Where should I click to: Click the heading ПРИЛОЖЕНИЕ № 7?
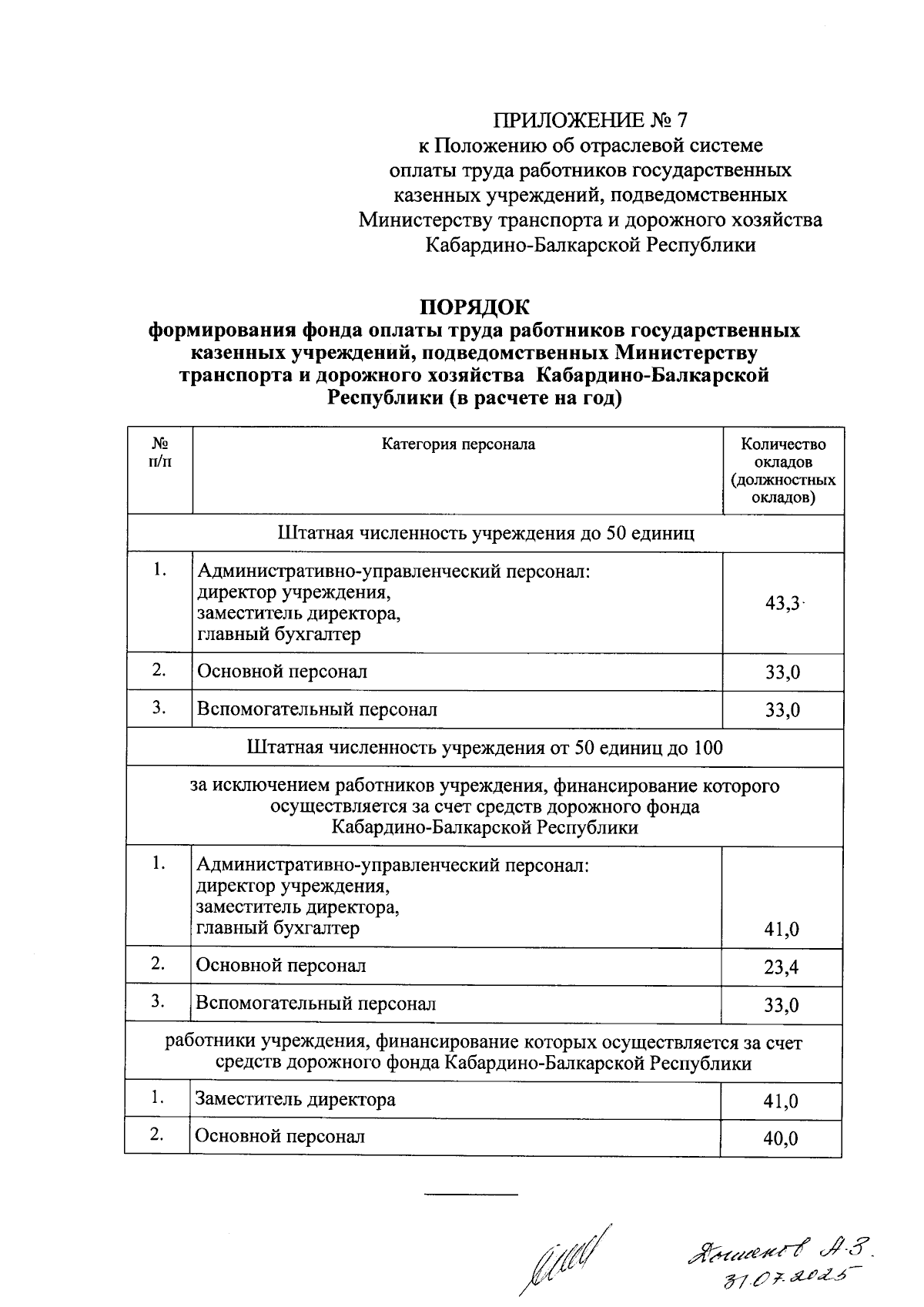(589, 120)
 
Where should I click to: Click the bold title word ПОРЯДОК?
(474, 307)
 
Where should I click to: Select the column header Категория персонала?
(458, 444)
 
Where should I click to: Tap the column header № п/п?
(160, 452)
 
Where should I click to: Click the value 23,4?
(781, 967)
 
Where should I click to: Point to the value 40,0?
(781, 1138)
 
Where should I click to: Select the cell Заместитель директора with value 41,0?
(295, 1099)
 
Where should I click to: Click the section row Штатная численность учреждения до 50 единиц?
(484, 533)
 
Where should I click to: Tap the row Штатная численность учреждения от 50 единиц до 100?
(484, 747)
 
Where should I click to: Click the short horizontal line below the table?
(470, 1195)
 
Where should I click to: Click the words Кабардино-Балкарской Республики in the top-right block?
(591, 245)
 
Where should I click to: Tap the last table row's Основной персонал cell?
(280, 1137)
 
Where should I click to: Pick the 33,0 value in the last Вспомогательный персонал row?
(781, 1005)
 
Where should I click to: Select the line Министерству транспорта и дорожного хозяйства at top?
(591, 220)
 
